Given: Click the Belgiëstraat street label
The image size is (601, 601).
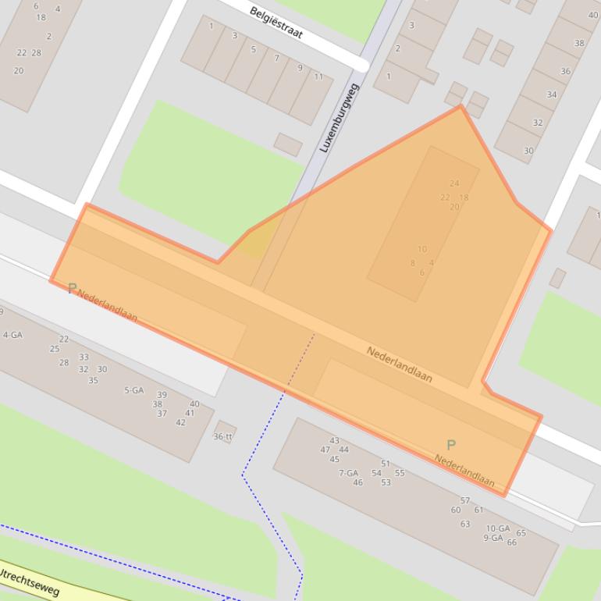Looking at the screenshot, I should click(276, 23).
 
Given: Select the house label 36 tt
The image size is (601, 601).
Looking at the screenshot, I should click(223, 436).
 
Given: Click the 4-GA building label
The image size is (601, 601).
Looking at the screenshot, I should click(12, 335).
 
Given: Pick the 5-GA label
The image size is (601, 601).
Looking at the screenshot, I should click(134, 390).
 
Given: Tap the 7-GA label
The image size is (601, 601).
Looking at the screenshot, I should click(348, 473).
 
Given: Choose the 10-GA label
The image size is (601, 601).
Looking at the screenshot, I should click(497, 528).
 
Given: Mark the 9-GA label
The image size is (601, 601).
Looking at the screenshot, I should click(493, 538).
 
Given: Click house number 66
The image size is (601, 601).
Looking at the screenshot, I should click(511, 542).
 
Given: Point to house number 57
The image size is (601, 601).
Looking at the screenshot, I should click(465, 501).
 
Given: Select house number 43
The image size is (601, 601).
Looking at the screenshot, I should click(334, 441).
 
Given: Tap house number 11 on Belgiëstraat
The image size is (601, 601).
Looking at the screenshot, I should click(318, 76).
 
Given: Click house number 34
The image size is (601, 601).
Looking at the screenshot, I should click(552, 95).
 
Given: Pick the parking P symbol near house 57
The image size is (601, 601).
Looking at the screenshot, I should click(450, 445).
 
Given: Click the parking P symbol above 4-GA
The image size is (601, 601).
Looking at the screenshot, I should click(72, 289).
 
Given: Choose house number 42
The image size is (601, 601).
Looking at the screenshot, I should click(180, 422).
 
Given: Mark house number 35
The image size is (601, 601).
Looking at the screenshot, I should click(93, 381).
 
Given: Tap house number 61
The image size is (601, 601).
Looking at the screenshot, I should click(478, 510).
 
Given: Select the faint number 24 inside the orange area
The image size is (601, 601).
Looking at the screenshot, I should click(454, 184).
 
